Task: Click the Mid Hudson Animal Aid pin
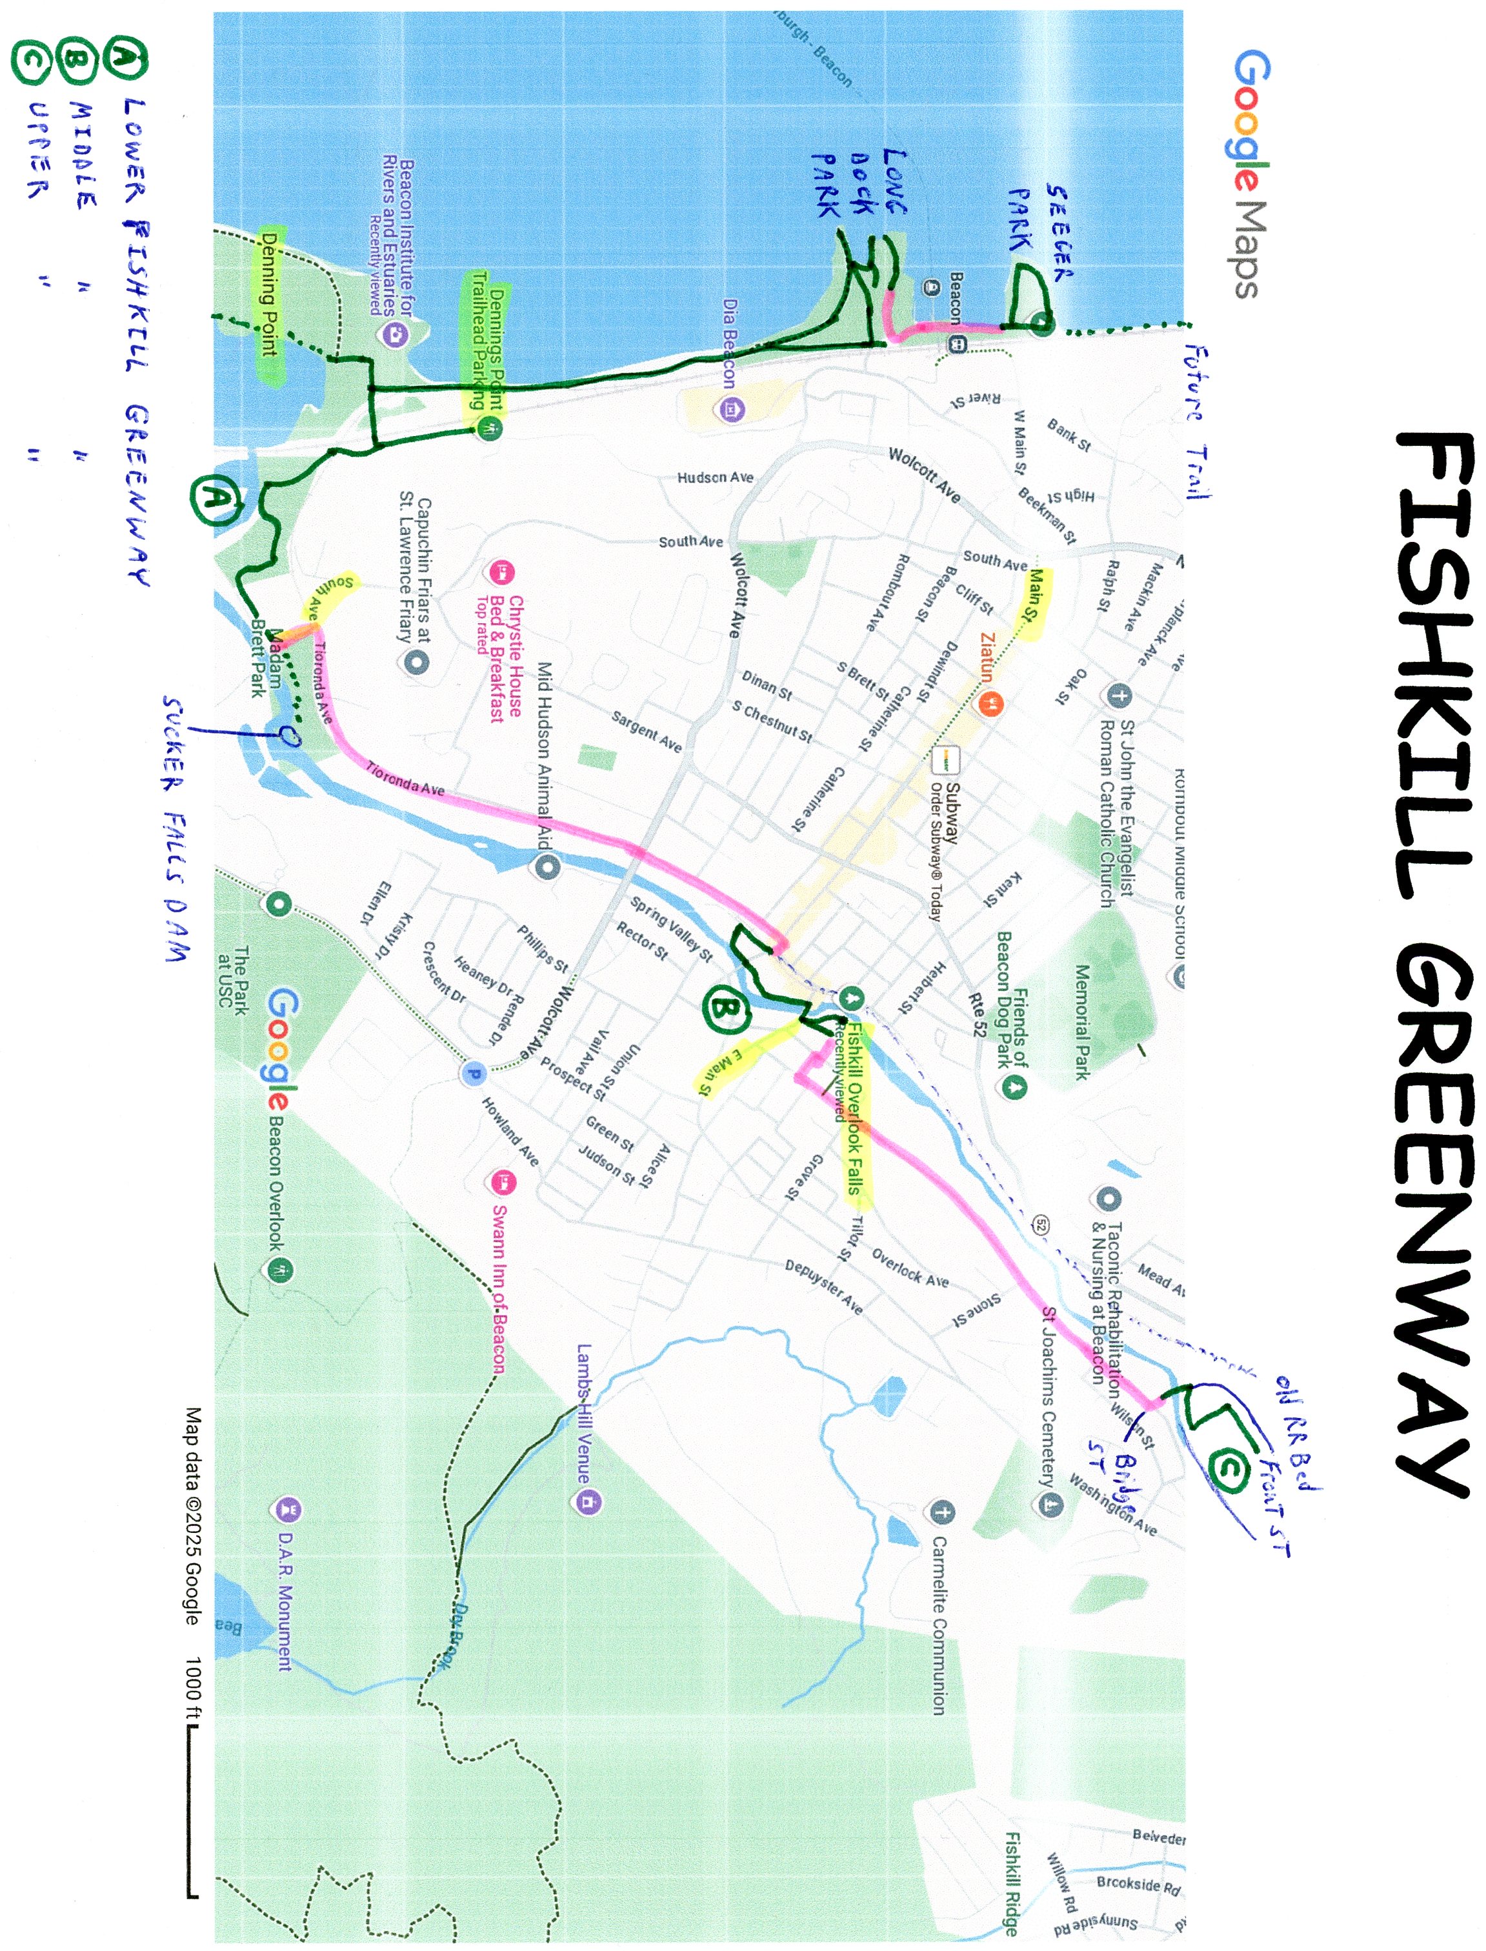point(547,866)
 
